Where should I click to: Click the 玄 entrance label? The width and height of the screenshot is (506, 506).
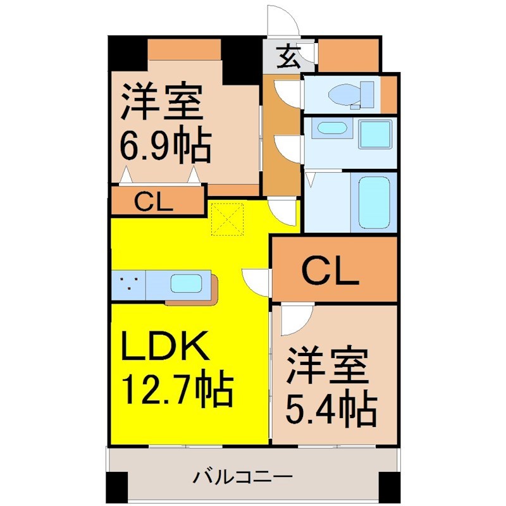click(288, 57)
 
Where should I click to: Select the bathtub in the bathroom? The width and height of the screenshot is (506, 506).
click(374, 202)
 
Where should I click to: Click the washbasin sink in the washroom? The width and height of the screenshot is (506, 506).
click(332, 128)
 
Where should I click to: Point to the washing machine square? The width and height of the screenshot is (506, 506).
click(376, 134)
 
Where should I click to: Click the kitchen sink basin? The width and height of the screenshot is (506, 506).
click(186, 283)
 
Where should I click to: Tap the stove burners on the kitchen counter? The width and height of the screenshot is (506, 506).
click(128, 283)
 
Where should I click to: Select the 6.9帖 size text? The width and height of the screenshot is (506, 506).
click(166, 144)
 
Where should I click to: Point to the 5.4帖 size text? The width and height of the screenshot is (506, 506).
click(331, 407)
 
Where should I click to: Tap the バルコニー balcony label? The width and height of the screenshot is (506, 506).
click(243, 476)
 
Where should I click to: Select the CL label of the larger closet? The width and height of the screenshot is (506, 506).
click(330, 273)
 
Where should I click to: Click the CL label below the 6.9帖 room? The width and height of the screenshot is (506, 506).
click(153, 202)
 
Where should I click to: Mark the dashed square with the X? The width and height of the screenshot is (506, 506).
click(228, 219)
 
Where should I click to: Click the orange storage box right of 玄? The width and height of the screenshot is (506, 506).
click(349, 55)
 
